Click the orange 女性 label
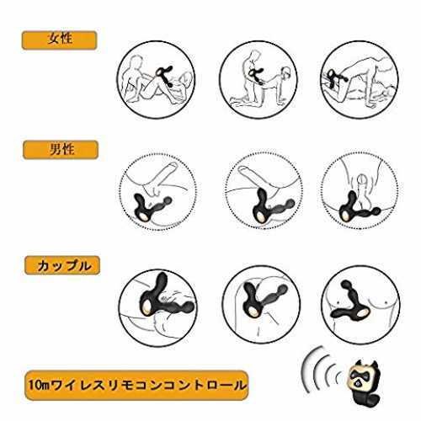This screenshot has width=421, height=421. (x=59, y=40)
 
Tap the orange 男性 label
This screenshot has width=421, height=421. (x=61, y=150)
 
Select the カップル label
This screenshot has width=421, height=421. (x=62, y=265)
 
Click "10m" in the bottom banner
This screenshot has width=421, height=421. (x=39, y=385)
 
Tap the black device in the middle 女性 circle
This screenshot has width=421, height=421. (x=256, y=75)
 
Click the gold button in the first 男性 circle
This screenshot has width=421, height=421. (x=146, y=217)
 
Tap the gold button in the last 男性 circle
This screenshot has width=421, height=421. (x=345, y=216)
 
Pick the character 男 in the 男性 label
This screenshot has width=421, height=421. (x=55, y=149)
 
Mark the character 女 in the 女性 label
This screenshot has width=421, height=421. (x=54, y=39)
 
